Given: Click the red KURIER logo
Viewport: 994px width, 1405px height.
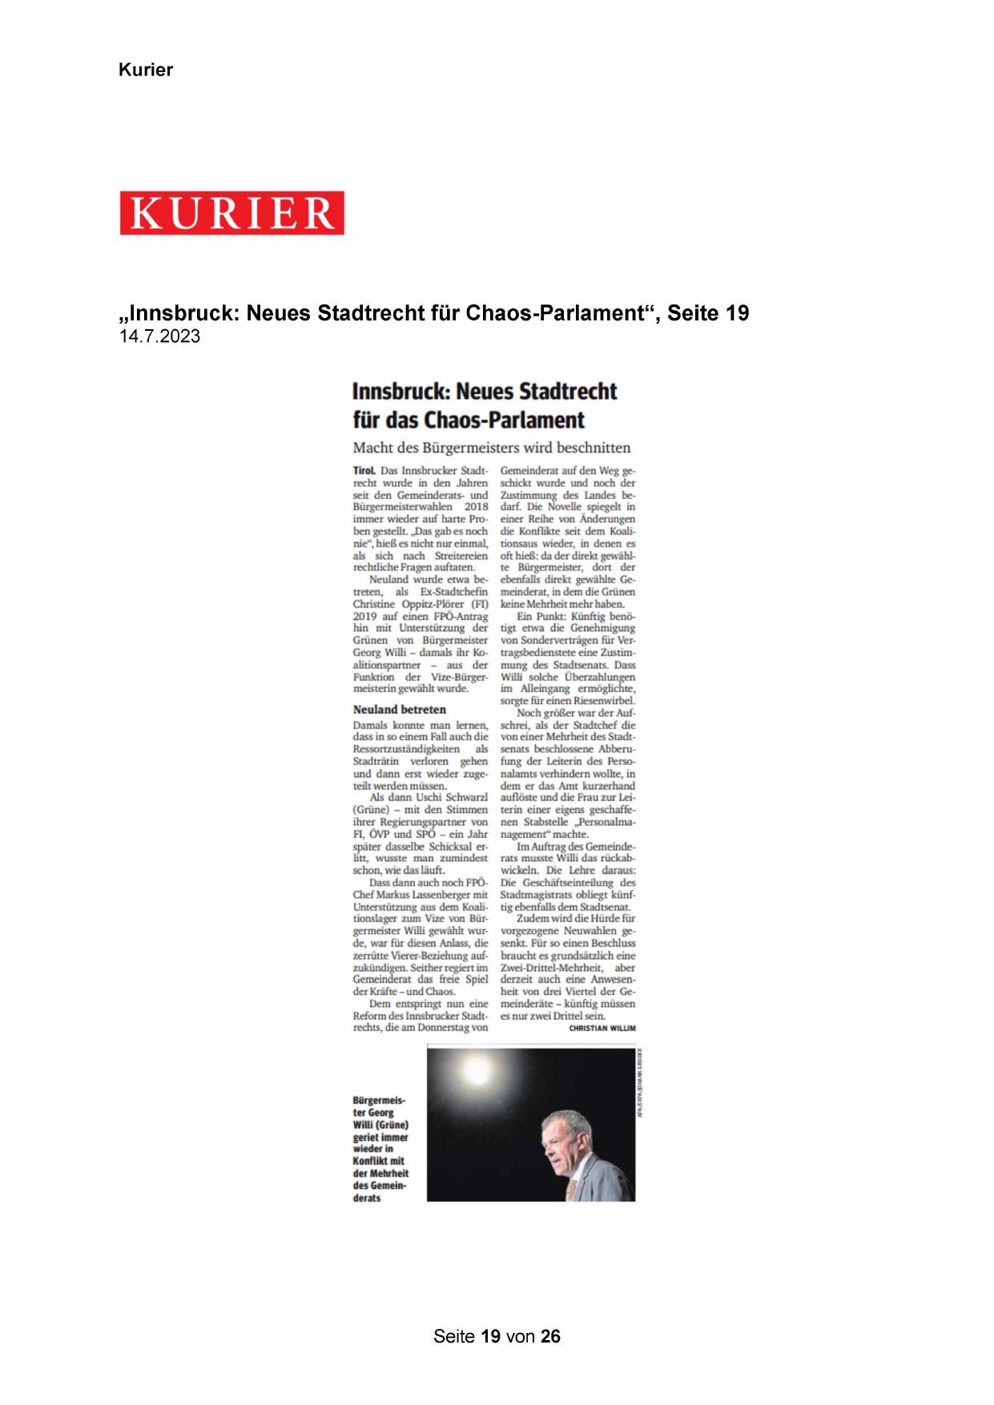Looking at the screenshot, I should pyautogui.click(x=232, y=213).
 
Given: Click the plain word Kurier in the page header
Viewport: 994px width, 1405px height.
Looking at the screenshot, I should pyautogui.click(x=146, y=70).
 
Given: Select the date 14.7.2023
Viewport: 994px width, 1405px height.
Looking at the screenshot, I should pyautogui.click(x=159, y=336).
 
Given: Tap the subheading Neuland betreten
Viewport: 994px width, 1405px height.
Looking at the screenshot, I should pyautogui.click(x=399, y=709).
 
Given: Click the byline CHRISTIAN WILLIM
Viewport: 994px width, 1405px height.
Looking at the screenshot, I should pyautogui.click(x=602, y=1028).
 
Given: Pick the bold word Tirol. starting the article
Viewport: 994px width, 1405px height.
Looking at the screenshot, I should pyautogui.click(x=364, y=471).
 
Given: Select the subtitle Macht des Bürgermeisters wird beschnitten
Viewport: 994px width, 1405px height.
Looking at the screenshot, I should pyautogui.click(x=492, y=448).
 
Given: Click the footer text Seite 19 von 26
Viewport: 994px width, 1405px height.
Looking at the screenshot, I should pyautogui.click(x=497, y=1336).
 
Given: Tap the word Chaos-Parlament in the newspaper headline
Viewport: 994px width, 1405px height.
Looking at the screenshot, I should pyautogui.click(x=504, y=420).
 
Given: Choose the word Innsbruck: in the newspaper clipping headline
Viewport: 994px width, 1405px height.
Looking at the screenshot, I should pyautogui.click(x=401, y=392).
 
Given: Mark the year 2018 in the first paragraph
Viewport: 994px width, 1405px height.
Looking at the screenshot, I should pyautogui.click(x=477, y=507).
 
